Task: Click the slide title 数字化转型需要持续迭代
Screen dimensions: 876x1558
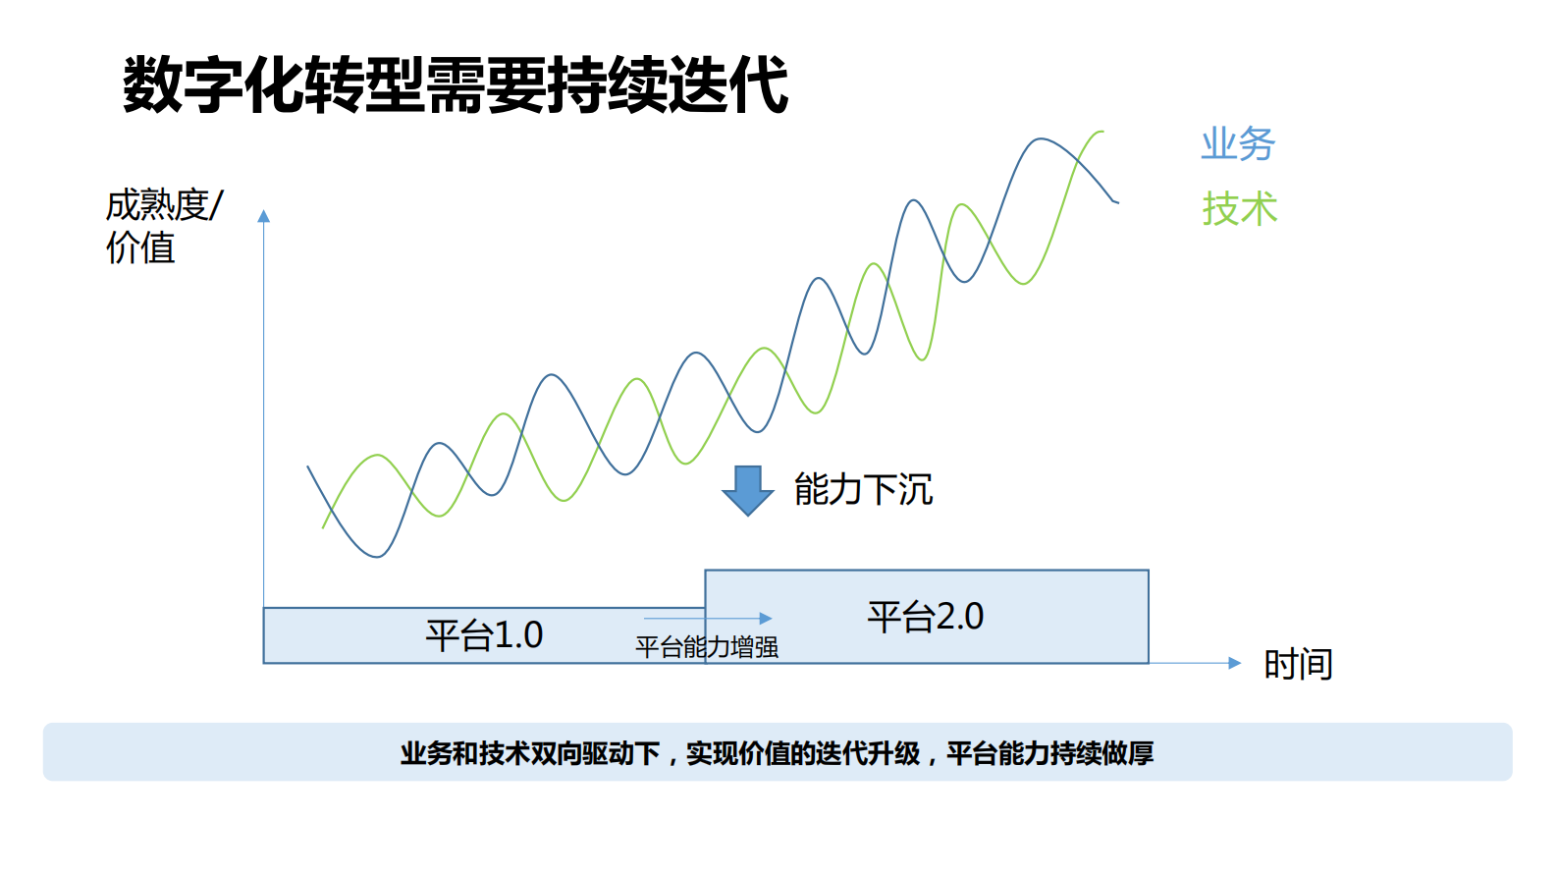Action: pos(455,84)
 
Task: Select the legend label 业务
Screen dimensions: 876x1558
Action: pos(1238,144)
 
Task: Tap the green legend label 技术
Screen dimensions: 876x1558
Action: pos(1240,209)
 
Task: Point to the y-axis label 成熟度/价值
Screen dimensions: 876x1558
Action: pos(163,226)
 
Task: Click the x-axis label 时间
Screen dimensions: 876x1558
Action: pos(1298,665)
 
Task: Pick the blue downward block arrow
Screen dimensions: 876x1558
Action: pos(748,490)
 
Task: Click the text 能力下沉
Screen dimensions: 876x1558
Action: pos(863,489)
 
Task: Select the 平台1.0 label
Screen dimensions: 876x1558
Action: pos(484,635)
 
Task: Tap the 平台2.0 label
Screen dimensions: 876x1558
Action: pos(925,617)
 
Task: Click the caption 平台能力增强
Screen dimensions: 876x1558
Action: pos(707,647)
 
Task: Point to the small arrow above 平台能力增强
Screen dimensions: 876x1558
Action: pos(708,619)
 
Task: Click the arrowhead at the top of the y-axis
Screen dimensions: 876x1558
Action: pos(263,216)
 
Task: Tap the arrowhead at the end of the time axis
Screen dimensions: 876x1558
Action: pos(1235,663)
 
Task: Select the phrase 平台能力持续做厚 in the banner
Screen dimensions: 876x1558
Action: pos(1049,753)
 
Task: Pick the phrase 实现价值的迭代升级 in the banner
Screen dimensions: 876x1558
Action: pos(803,753)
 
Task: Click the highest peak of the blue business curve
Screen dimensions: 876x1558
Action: pos(1041,139)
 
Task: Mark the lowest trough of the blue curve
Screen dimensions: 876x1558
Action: pos(377,556)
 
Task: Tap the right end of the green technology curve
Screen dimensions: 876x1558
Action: pos(1102,132)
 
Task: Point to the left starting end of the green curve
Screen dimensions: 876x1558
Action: pos(323,527)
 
